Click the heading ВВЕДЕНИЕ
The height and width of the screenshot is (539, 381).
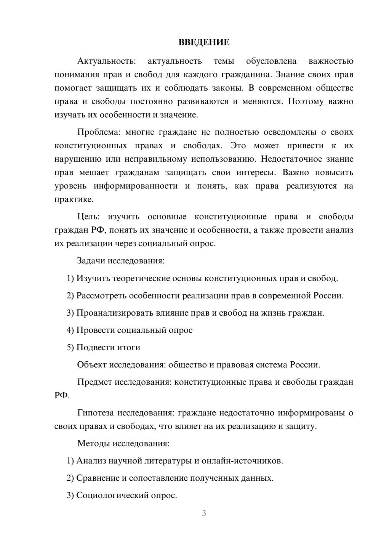point(204,42)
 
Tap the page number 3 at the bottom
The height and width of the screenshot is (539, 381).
point(204,513)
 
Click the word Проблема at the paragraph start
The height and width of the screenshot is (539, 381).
point(98,132)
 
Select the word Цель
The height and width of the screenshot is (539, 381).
point(88,217)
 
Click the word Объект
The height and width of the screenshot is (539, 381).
point(92,365)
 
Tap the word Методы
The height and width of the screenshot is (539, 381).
point(92,443)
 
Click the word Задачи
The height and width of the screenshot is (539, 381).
point(91,261)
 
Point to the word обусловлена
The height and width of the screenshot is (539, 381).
point(271,61)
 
